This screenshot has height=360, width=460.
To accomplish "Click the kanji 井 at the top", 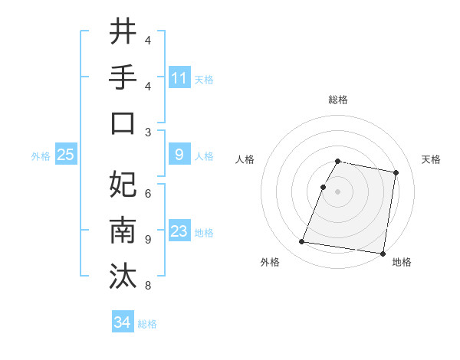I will click(123, 32).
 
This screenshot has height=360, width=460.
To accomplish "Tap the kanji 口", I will click(123, 123).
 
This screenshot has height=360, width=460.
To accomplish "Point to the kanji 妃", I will click(123, 184).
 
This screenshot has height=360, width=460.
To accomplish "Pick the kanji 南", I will click(123, 230).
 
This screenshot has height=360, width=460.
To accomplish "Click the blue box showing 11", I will click(179, 77).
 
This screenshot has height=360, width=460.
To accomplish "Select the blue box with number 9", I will click(179, 155).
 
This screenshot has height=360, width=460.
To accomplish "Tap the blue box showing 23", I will click(179, 231).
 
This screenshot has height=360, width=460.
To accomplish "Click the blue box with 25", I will click(66, 155).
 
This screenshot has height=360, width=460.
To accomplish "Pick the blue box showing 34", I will click(123, 322).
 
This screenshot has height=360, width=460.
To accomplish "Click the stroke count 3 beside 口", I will click(148, 132).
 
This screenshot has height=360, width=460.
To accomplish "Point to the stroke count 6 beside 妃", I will click(148, 193).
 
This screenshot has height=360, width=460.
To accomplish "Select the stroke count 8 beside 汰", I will click(148, 286).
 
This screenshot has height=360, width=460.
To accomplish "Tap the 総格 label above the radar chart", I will click(338, 100).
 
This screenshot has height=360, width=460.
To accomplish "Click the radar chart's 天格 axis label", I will click(432, 159).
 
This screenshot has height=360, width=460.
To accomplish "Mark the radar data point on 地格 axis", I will click(383, 253).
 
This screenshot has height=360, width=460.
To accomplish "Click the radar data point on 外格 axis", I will click(301, 242).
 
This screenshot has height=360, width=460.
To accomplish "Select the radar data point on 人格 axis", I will click(324, 187).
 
